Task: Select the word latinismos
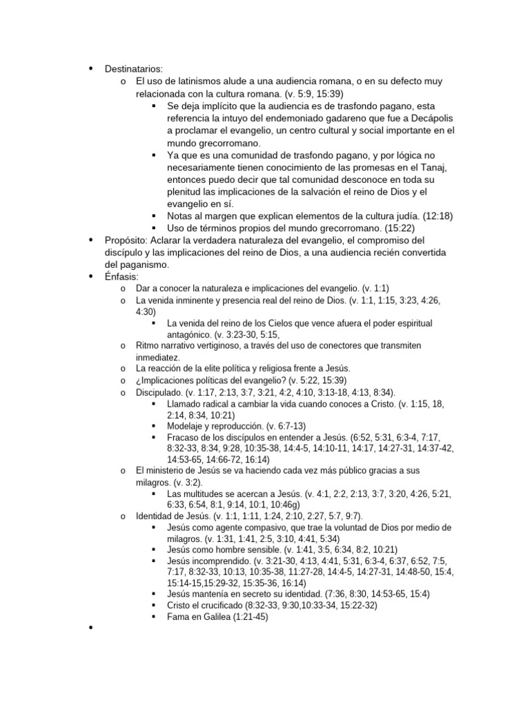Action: (x=201, y=81)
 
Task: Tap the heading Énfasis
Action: (x=121, y=277)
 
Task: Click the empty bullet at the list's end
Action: (x=90, y=630)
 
